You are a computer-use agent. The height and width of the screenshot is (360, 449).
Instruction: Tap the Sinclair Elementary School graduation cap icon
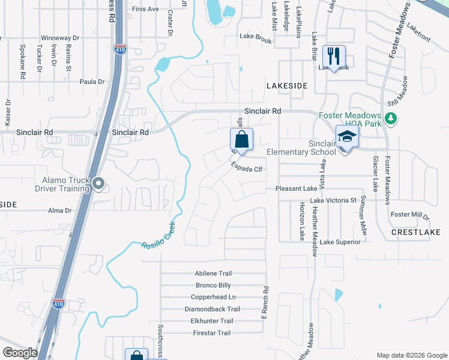pyautogui.click(x=347, y=137)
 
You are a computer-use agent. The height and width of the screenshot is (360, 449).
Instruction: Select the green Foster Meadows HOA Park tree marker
pyautogui.click(x=391, y=118)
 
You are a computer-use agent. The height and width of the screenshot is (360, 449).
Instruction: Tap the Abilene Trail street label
pyautogui.click(x=213, y=273)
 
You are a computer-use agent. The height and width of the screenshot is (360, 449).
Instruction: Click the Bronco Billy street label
pyautogui.click(x=213, y=285)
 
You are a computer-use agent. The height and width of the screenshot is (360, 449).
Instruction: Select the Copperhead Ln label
pyautogui.click(x=213, y=297)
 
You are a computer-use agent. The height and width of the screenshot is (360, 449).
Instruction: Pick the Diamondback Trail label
pyautogui.click(x=212, y=309)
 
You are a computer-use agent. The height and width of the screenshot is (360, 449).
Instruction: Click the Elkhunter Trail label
pyautogui.click(x=212, y=321)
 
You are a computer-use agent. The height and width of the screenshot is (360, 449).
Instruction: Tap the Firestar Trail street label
pyautogui.click(x=212, y=333)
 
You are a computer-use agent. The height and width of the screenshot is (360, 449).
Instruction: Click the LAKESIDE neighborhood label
pyautogui.click(x=287, y=86)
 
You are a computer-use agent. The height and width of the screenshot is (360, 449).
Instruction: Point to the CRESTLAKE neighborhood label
pyautogui.click(x=416, y=232)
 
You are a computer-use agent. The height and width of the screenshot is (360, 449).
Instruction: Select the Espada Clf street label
pyautogui.click(x=247, y=169)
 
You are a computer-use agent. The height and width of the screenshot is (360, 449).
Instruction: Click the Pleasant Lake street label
pyautogui.click(x=296, y=188)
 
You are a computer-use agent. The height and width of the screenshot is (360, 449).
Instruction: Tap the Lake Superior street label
pyautogui.click(x=340, y=242)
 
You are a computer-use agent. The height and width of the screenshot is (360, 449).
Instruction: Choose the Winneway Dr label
pyautogui.click(x=60, y=38)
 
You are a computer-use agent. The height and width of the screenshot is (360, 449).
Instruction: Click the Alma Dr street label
pyautogui.click(x=60, y=211)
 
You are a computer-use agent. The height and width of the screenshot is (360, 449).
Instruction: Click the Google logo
pyautogui.click(x=20, y=353)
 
